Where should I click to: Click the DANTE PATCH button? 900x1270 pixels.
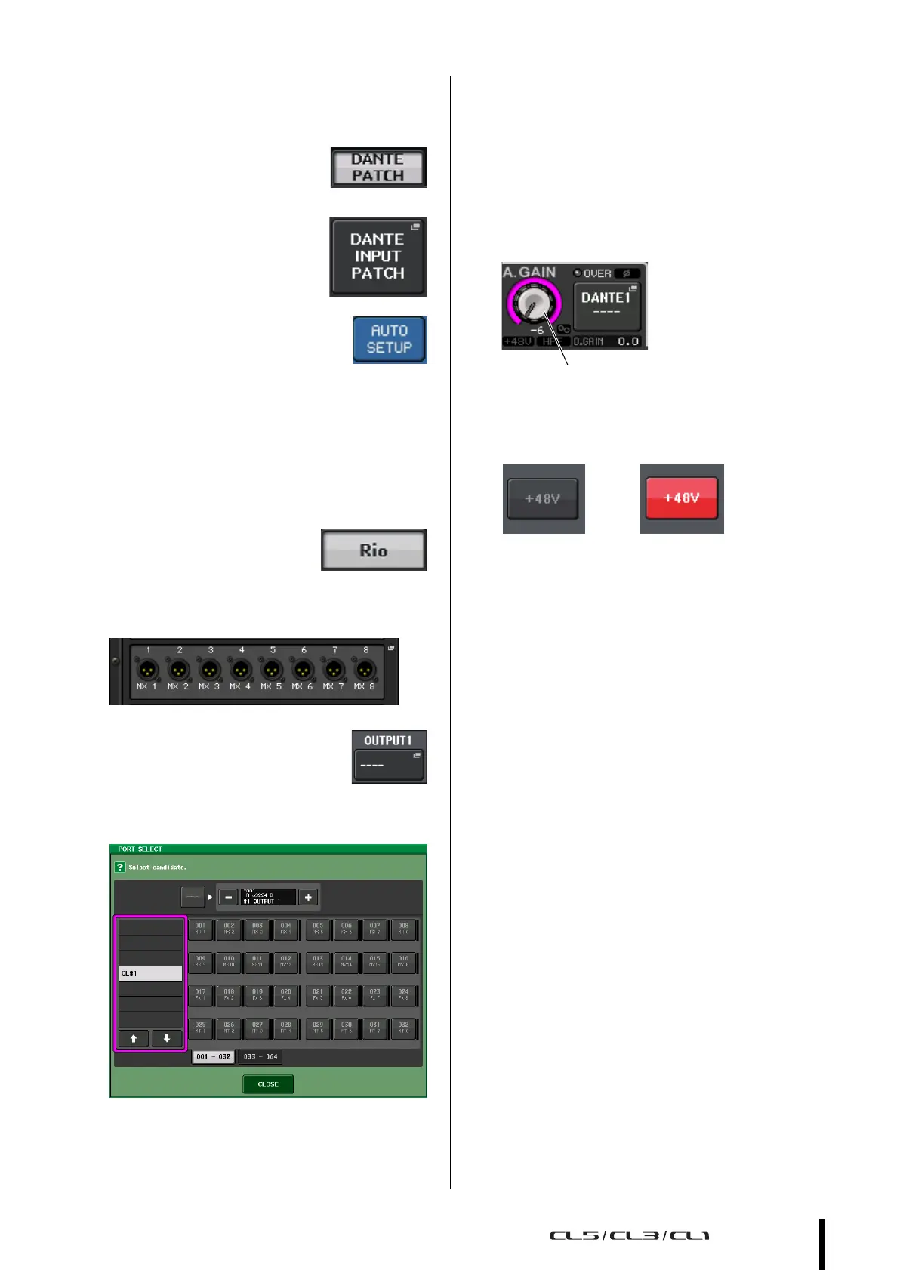pyautogui.click(x=378, y=168)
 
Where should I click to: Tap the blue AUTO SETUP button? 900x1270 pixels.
pyautogui.click(x=390, y=340)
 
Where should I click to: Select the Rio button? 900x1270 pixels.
pyautogui.click(x=374, y=550)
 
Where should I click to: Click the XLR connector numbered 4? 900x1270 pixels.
pyautogui.click(x=241, y=670)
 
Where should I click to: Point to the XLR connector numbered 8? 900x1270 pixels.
pyautogui.click(x=365, y=670)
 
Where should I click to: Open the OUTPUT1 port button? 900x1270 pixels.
pyautogui.click(x=389, y=764)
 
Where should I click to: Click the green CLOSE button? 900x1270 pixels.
pyautogui.click(x=268, y=1084)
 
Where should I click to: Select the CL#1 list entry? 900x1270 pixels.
pyautogui.click(x=150, y=973)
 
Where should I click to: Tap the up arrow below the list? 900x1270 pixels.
pyautogui.click(x=134, y=1039)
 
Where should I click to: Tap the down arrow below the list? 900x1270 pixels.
pyautogui.click(x=167, y=1039)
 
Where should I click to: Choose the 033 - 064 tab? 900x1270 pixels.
pyautogui.click(x=260, y=1056)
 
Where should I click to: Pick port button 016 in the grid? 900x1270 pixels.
pyautogui.click(x=403, y=962)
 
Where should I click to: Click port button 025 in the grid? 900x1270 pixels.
pyautogui.click(x=200, y=1028)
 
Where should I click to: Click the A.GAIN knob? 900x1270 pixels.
pyautogui.click(x=535, y=304)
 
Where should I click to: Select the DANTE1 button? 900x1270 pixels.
pyautogui.click(x=606, y=305)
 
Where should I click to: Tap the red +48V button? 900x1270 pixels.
pyautogui.click(x=681, y=498)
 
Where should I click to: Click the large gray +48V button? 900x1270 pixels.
pyautogui.click(x=543, y=498)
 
